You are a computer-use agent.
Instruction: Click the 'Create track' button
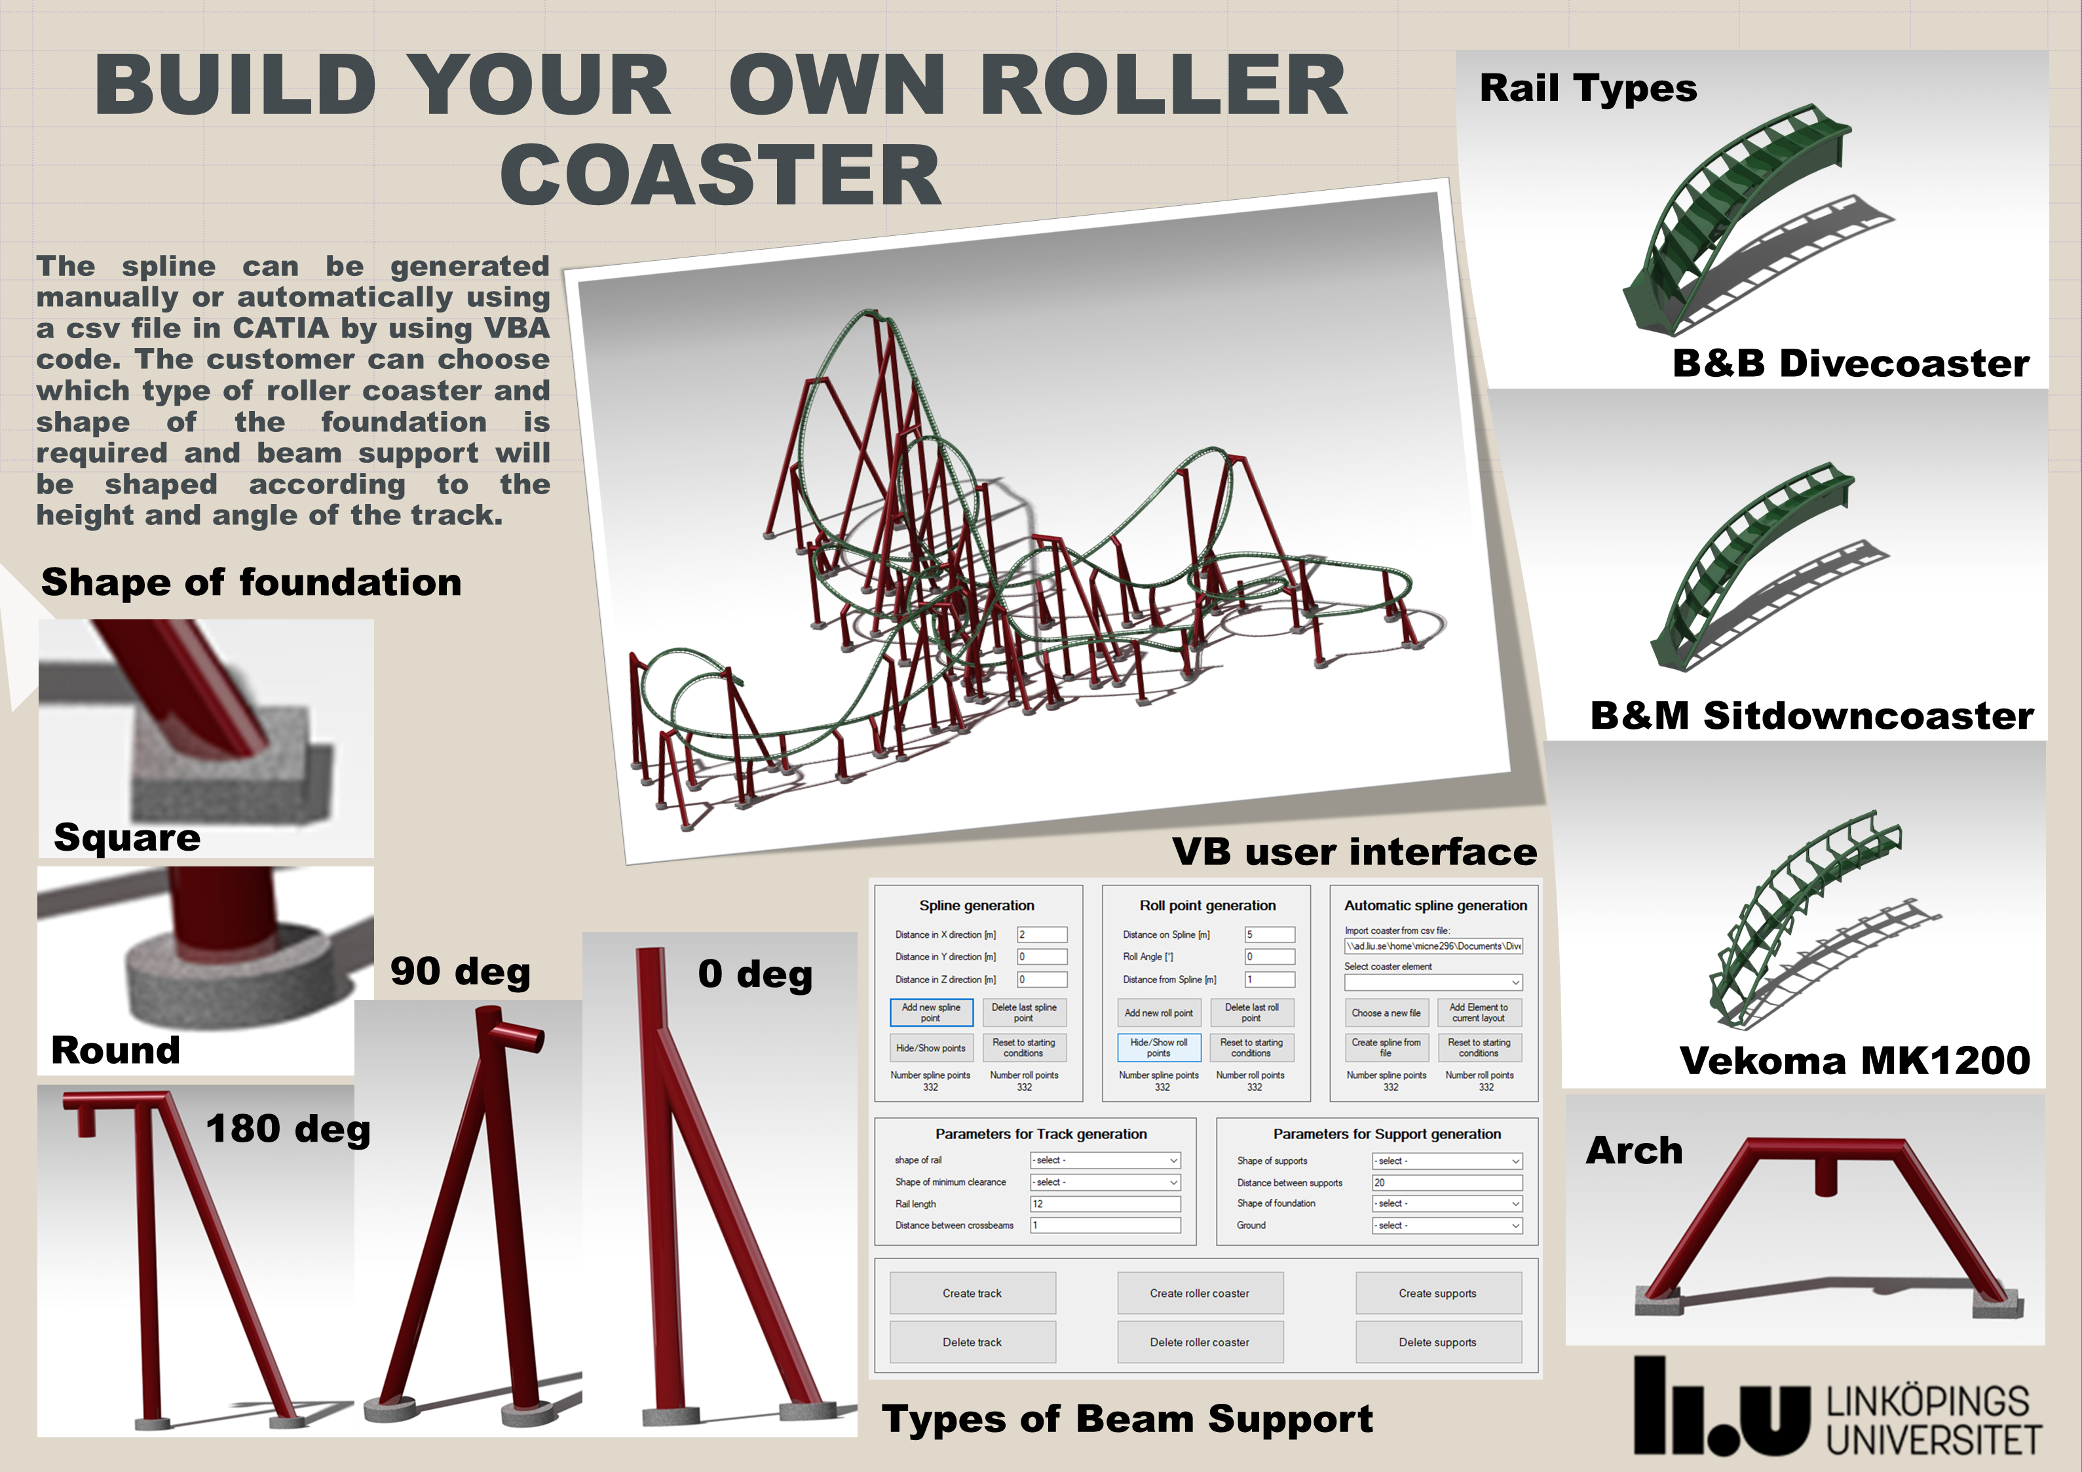pyautogui.click(x=972, y=1292)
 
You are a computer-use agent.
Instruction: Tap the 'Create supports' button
pyautogui.click(x=1437, y=1292)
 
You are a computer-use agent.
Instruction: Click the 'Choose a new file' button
pyautogui.click(x=1386, y=1012)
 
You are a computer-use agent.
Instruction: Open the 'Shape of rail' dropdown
pyautogui.click(x=1105, y=1160)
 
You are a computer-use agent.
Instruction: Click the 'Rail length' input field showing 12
pyautogui.click(x=1105, y=1203)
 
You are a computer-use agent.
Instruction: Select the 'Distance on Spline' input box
pyautogui.click(x=1270, y=934)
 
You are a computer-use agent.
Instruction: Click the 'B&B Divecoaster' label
pyautogui.click(x=1851, y=363)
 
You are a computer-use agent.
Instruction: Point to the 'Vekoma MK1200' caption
pyautogui.click(x=1855, y=1060)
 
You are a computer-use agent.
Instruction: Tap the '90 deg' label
pyautogui.click(x=461, y=971)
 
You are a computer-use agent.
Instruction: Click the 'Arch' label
pyautogui.click(x=1634, y=1150)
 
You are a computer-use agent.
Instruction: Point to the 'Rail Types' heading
pyautogui.click(x=1588, y=88)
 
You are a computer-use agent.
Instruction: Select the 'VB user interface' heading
pyautogui.click(x=1355, y=851)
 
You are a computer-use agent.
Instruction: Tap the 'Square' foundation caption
pyautogui.click(x=127, y=837)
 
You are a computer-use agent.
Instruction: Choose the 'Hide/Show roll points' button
pyautogui.click(x=1159, y=1047)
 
